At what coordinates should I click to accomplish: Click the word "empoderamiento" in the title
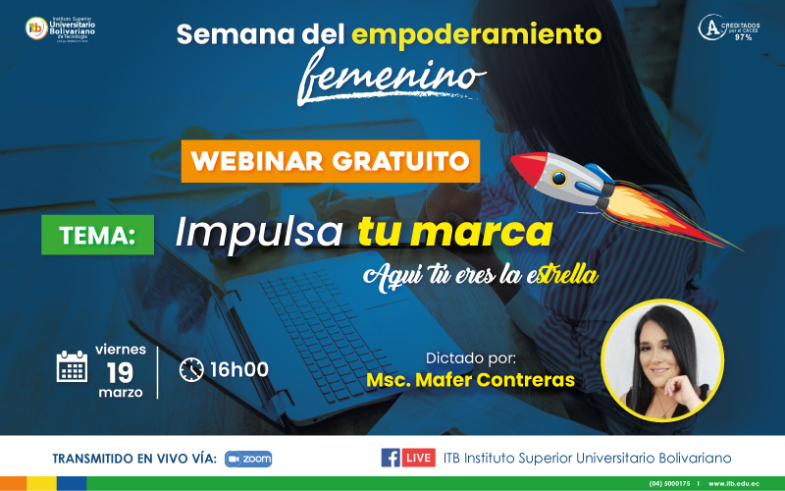(475, 35)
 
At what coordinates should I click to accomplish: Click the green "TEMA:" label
(97, 236)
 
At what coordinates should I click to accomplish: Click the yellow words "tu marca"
(454, 232)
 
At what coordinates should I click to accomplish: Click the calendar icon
(72, 365)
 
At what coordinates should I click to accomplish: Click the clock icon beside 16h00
(191, 369)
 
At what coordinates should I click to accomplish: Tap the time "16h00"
(239, 369)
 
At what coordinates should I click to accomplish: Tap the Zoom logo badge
(248, 459)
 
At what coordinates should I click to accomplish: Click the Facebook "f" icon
(391, 458)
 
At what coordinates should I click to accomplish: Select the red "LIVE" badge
(419, 458)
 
